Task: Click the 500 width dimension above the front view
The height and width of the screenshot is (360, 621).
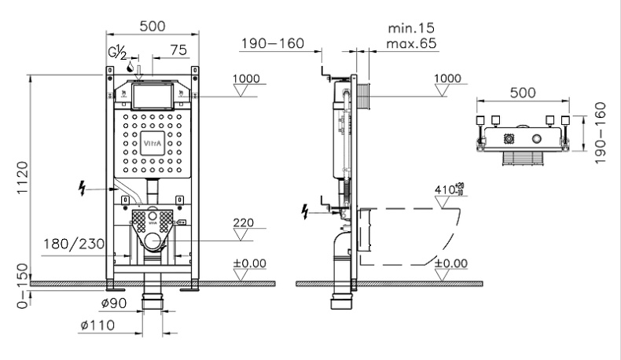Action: tap(152, 25)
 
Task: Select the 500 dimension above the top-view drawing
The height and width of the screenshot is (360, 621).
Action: tap(523, 92)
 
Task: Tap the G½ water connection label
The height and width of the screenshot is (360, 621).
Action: tap(118, 53)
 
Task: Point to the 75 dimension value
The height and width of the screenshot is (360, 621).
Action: tap(178, 50)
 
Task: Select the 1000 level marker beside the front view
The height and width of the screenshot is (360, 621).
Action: tap(247, 79)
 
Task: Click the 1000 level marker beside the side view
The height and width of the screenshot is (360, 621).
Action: tap(448, 79)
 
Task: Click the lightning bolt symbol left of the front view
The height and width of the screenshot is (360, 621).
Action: tap(83, 188)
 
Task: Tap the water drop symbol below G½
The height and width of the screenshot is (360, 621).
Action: tap(130, 68)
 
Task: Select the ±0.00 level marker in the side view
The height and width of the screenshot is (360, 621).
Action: tap(450, 263)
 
